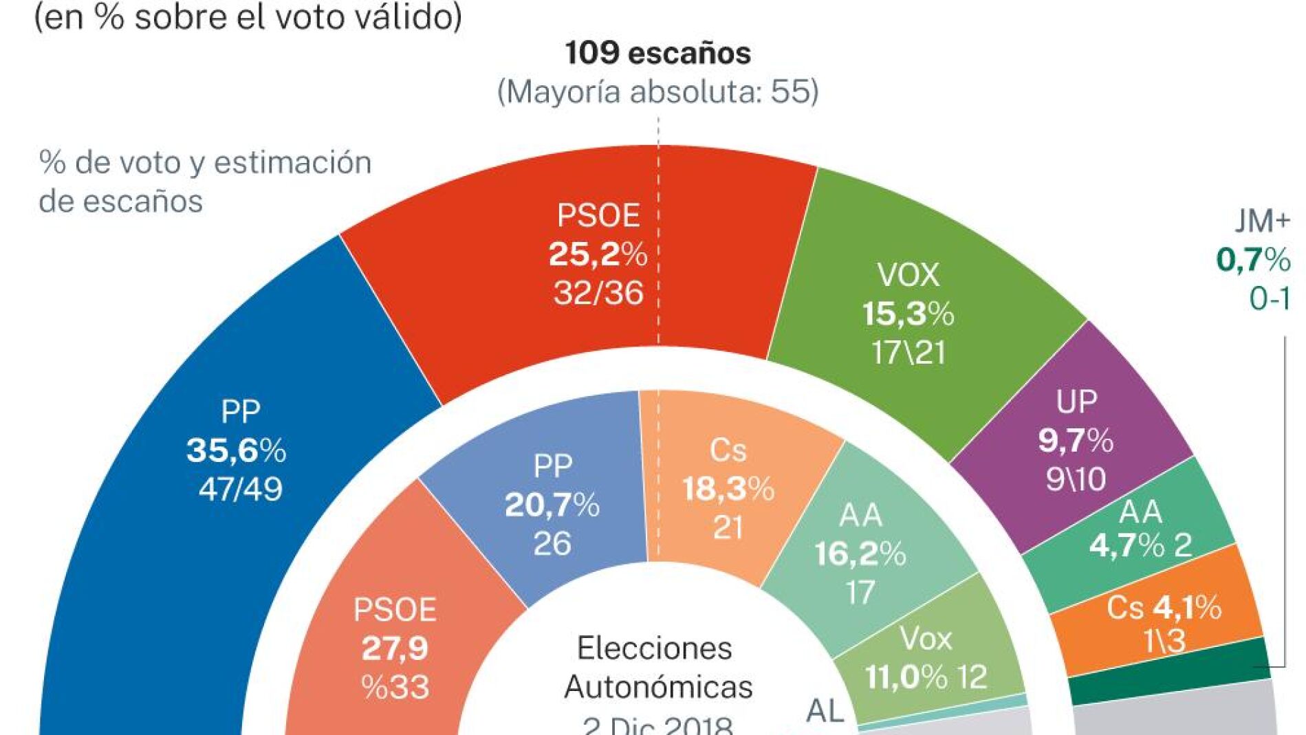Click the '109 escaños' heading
tap(657, 54)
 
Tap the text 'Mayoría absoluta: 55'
tap(657, 91)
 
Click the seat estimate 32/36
tap(598, 294)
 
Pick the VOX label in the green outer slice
tap(908, 276)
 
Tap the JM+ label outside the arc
tap(1262, 221)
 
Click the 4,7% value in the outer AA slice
tap(1117, 546)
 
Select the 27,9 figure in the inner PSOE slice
tap(395, 648)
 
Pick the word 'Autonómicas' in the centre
tap(658, 687)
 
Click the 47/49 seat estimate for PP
tap(240, 490)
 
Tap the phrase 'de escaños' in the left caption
tap(121, 201)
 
